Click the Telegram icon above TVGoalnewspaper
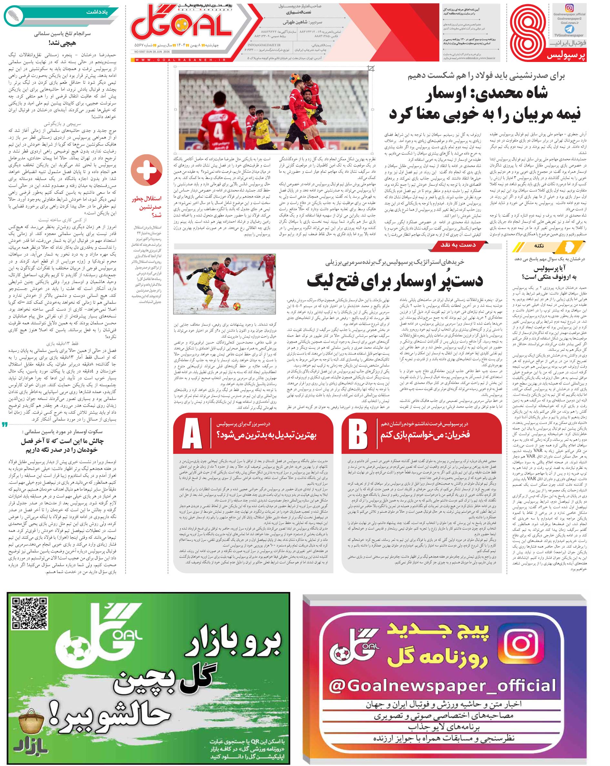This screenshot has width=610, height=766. pyautogui.click(x=569, y=29)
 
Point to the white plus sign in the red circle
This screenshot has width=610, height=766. pyautogui.click(x=147, y=170)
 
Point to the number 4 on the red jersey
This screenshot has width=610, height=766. pyautogui.click(x=218, y=131)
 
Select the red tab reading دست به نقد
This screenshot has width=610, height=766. pyautogui.click(x=458, y=245)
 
